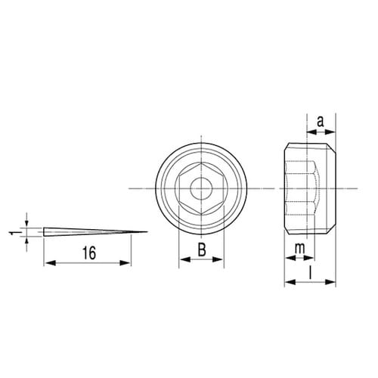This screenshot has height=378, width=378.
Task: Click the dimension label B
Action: [x=202, y=250]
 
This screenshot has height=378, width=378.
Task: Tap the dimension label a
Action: [x=321, y=122]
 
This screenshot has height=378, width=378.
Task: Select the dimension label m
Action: [x=300, y=249]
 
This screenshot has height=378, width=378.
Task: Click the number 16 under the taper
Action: [x=89, y=253]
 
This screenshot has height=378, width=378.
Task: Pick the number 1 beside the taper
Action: [x=12, y=233]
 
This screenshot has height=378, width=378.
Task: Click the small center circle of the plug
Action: [x=201, y=188]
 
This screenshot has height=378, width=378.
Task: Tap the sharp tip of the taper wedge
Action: [x=147, y=232]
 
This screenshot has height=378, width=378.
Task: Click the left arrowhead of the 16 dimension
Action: [x=49, y=263]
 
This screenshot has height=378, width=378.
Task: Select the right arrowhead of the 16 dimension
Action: [x=125, y=263]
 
